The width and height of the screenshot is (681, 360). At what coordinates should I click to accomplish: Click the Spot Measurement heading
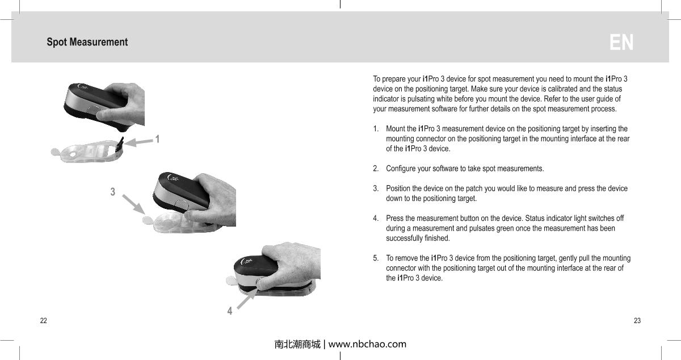pos(87,42)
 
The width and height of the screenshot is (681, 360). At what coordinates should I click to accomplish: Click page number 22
pos(43,321)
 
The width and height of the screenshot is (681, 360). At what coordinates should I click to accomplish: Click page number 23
pos(637,321)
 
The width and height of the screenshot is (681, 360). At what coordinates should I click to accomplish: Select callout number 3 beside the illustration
pos(113,192)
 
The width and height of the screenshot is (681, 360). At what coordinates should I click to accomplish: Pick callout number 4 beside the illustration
pos(229,311)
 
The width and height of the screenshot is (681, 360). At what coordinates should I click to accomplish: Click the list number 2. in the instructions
pos(376,169)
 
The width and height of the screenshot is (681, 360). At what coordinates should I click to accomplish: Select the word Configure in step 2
pos(401,169)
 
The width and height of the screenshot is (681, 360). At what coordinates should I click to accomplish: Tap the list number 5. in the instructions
pos(376,258)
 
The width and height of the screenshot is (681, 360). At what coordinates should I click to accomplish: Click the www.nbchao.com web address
pos(367,344)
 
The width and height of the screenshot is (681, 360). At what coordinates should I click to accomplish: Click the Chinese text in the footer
pos(297,344)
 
